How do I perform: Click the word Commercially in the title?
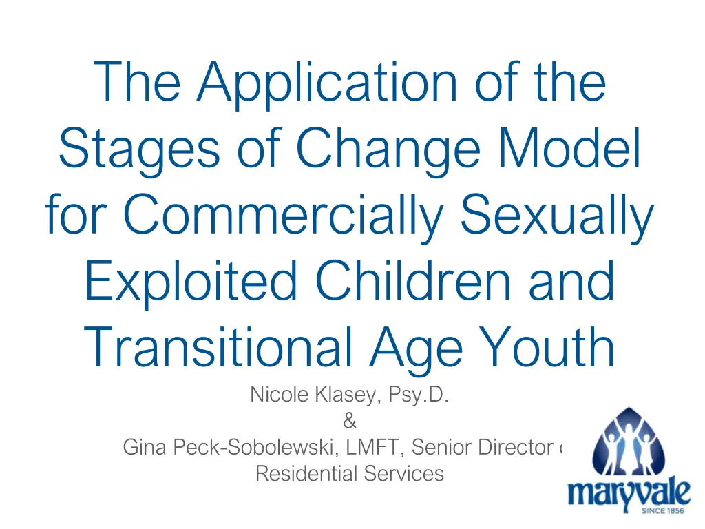point(288,216)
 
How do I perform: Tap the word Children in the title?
point(422,282)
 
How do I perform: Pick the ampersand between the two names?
point(349,422)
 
